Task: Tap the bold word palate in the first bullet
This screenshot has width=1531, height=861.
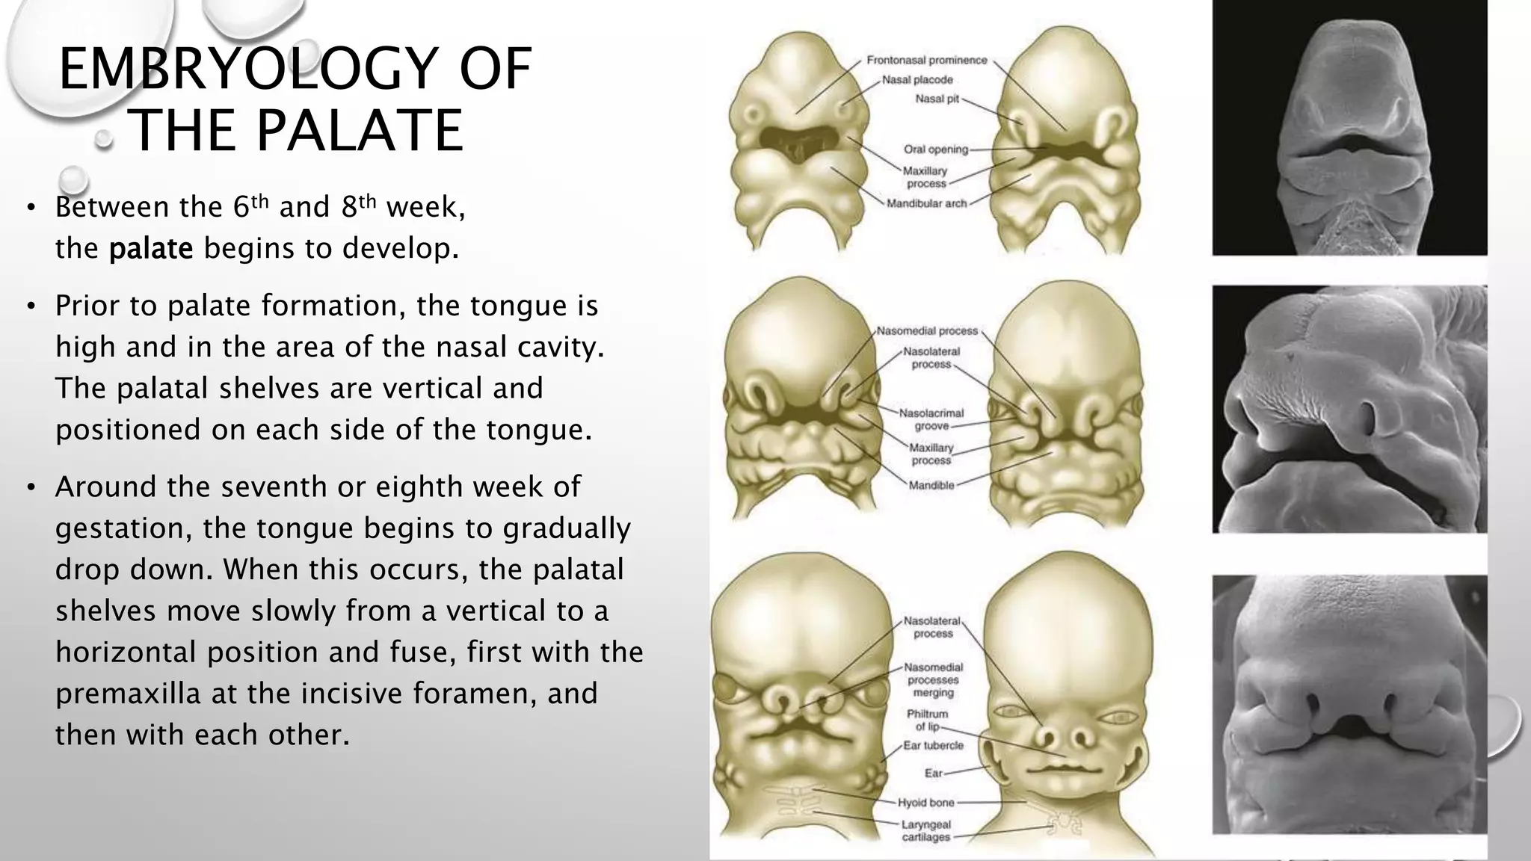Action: click(151, 248)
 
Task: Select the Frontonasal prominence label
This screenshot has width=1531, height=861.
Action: click(926, 61)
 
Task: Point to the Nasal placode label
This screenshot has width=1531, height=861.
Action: click(917, 80)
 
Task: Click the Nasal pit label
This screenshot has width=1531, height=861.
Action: click(937, 99)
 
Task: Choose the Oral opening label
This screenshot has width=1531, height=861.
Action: click(935, 149)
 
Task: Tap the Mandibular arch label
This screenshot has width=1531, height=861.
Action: click(926, 203)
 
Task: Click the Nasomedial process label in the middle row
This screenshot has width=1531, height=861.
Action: click(927, 330)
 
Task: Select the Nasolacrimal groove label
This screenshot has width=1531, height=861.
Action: click(931, 419)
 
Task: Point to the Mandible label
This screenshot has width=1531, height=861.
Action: click(931, 485)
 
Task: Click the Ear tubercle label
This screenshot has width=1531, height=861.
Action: click(933, 745)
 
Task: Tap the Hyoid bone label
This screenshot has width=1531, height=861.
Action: click(926, 803)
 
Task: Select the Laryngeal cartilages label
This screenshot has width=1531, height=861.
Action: click(926, 831)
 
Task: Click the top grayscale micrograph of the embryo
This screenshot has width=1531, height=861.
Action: click(1349, 127)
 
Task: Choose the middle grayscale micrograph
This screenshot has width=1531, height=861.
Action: click(1349, 409)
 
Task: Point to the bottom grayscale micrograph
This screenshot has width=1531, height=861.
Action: click(1349, 704)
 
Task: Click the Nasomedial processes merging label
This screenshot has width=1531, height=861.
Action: click(933, 680)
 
